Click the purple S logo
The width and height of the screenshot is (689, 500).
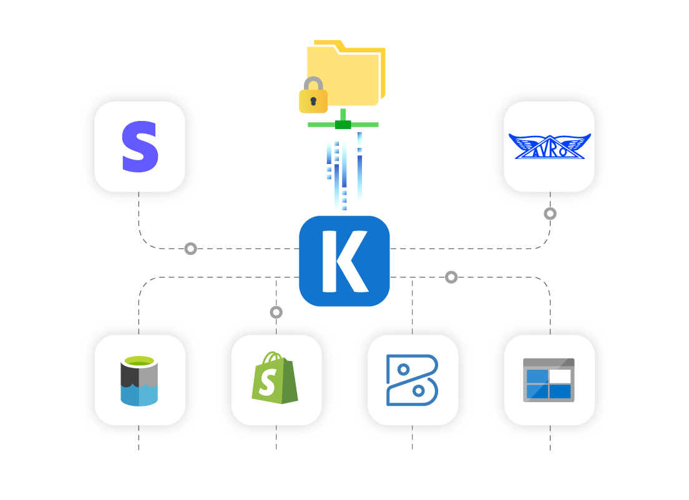click(140, 147)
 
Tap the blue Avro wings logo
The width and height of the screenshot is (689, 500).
click(549, 147)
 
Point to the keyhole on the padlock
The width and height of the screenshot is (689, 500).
click(313, 101)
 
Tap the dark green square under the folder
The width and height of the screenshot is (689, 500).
click(343, 125)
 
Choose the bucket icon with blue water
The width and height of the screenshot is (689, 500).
click(139, 381)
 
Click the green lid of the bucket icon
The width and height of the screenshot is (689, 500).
click(139, 361)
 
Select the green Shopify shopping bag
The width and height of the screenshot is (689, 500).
click(275, 378)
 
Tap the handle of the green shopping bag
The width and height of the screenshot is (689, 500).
click(271, 358)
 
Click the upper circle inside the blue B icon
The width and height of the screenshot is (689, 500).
click(403, 370)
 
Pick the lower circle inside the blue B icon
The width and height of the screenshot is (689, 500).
click(419, 391)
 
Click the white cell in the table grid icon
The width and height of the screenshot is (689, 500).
click(560, 377)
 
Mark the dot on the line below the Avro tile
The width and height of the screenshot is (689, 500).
click(550, 214)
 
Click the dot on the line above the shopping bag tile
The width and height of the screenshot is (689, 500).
click(276, 312)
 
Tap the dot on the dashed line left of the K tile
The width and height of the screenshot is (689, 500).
click(190, 249)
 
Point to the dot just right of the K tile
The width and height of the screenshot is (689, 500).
click(451, 277)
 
